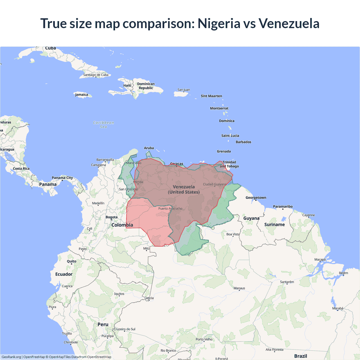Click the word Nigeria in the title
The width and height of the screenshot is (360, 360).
tap(219, 23)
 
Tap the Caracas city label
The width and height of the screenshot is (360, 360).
tap(177, 164)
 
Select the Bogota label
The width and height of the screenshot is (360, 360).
tap(112, 217)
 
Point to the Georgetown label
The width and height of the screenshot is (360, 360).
tap(256, 198)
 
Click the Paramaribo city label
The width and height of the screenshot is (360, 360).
tap(283, 206)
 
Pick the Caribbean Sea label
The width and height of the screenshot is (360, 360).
tap(103, 125)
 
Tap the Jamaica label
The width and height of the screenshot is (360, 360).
tap(82, 94)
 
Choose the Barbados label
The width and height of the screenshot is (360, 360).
tap(243, 142)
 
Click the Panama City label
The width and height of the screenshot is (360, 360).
tap(62, 178)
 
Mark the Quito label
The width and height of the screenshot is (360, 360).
tap(71, 261)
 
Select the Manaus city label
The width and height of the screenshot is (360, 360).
tap(239, 288)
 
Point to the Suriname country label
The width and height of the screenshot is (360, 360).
tap(274, 224)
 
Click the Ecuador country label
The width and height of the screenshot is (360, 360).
tap(64, 274)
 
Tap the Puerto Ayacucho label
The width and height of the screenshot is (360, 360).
tap(170, 209)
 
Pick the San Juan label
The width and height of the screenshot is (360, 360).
tap(184, 90)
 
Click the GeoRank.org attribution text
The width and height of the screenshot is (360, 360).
tap(11, 357)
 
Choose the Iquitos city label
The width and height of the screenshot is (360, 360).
tap(119, 294)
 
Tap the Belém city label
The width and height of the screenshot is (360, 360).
tap(343, 273)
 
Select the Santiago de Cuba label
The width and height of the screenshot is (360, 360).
tap(96, 75)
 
